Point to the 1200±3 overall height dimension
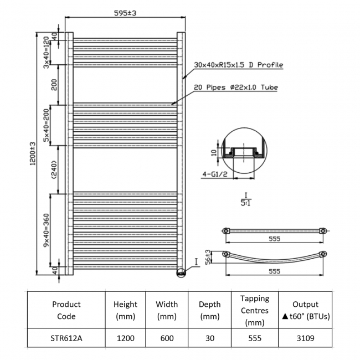click(33, 153)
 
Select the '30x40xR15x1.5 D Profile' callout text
click(238, 65)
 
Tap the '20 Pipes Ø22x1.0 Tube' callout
click(235, 88)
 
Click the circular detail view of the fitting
click(241, 150)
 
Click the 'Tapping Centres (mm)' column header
click(255, 310)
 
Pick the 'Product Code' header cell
click(66, 310)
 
